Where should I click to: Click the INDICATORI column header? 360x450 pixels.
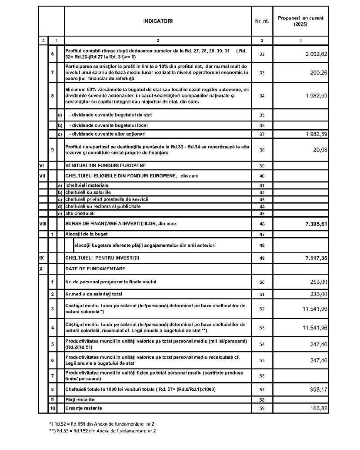tap(158, 21)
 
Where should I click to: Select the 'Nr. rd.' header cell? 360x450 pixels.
tap(262, 21)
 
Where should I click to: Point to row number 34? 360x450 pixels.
tap(262, 96)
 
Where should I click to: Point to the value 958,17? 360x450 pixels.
tap(318, 389)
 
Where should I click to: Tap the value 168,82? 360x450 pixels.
tap(318, 409)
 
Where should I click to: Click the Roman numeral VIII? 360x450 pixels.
tap(43, 224)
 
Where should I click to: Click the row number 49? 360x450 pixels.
tap(262, 258)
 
